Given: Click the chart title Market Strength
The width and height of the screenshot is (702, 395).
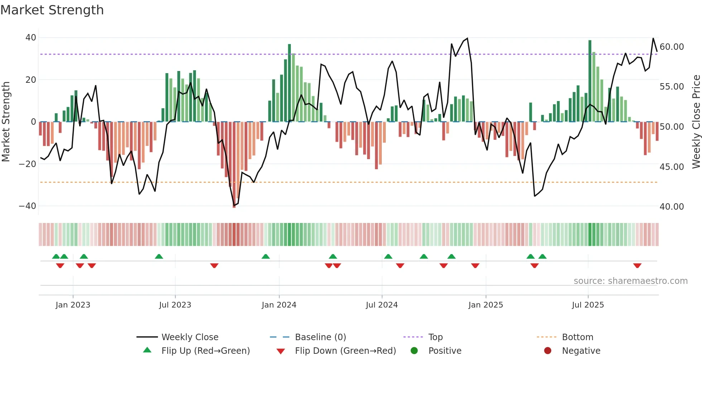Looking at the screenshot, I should pos(52,10).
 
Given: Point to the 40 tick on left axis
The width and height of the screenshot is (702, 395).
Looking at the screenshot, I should pos(31,38).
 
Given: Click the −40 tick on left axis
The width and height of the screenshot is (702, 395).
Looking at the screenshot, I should pos(28,206).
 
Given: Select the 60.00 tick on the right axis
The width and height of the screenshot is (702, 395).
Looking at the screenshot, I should pos(672,47).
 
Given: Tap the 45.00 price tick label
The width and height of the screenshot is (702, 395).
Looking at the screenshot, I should pos(672,167).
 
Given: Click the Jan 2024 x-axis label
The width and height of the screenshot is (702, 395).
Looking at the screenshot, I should pos(279,305).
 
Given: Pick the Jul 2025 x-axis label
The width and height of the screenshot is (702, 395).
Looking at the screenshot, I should pos(588,305).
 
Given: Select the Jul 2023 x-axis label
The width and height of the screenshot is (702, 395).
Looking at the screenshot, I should pos(175,305).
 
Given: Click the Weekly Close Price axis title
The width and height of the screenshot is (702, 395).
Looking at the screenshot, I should pos(696,122).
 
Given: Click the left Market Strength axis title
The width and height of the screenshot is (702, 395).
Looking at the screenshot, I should pos(6,122).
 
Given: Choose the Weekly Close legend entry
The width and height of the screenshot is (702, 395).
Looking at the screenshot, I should pos(189,337).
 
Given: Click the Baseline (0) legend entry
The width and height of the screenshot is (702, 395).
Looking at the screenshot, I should pos(320,337).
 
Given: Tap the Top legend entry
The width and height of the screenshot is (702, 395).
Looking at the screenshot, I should pos(435,337).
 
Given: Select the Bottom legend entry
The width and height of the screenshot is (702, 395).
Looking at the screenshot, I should pos(577,337).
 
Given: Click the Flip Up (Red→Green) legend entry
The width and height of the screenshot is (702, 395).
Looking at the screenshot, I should pos(205,351).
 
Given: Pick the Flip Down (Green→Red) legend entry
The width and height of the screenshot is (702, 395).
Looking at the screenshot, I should pos(345,351).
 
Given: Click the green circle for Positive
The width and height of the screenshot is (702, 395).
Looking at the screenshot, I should pos(414,351).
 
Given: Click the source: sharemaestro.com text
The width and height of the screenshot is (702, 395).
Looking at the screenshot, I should pos(630,281).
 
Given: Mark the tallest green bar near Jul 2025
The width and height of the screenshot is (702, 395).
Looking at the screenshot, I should pos(590,81).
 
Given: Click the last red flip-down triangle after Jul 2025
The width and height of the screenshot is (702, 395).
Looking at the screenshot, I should pos(637,266).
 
